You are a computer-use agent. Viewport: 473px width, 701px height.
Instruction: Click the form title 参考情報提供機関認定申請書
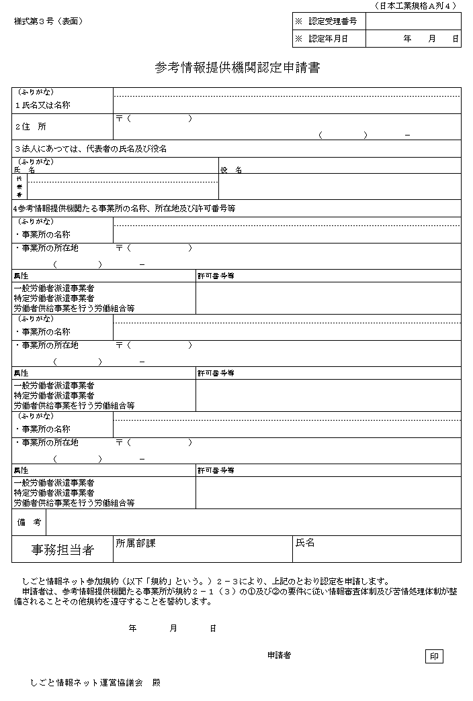pos(236,68)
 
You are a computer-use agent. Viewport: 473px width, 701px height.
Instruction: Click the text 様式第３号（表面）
pos(48,21)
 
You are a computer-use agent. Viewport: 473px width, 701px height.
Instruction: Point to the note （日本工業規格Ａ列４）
pos(415,5)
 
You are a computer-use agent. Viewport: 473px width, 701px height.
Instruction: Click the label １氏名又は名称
pos(42,105)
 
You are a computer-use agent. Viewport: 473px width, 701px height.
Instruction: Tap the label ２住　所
pos(31,126)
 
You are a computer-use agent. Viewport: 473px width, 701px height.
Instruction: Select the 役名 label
pos(231,170)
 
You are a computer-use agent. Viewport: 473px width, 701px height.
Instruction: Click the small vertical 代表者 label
pos(19,186)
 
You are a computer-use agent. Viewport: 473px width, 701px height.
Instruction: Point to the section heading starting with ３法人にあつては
pos(90,148)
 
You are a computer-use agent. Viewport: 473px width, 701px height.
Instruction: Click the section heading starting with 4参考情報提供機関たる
pos(124,209)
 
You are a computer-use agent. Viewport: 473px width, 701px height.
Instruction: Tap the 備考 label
pos(30,522)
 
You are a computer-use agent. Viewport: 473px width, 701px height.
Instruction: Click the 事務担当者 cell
pos(62,550)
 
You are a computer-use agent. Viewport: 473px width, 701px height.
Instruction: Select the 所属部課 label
pos(135,543)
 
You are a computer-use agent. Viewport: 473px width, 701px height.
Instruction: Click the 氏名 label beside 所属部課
pos(305,543)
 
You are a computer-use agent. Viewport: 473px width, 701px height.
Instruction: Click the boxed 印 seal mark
pos(434,656)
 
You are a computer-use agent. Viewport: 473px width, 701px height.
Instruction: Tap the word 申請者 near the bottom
pos(279,655)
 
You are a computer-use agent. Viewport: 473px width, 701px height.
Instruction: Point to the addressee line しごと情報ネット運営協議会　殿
pos(95,682)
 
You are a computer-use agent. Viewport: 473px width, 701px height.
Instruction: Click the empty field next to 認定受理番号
pos(413,21)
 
